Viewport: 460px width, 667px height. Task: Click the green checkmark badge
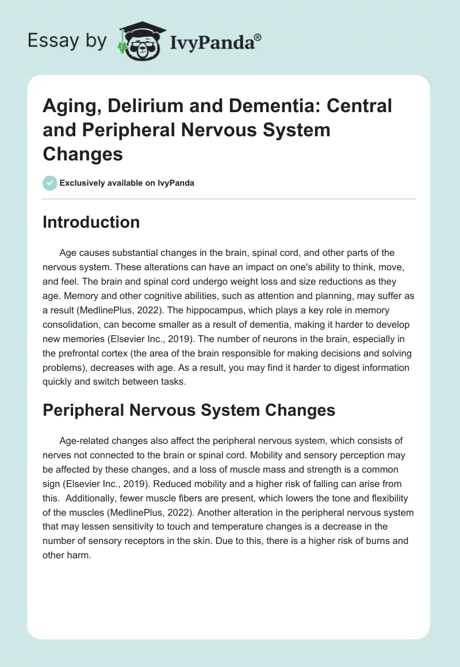point(49,183)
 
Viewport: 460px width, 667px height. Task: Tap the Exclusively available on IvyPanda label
point(126,183)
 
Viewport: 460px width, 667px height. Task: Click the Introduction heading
point(91,222)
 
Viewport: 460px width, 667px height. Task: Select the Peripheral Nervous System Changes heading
point(189,410)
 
